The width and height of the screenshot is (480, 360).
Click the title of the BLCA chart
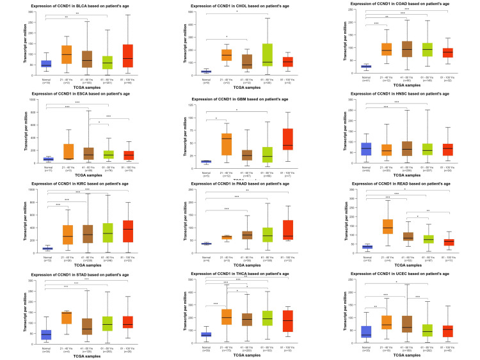[x=80, y=6]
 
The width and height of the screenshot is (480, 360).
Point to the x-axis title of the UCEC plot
[x=396, y=356]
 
